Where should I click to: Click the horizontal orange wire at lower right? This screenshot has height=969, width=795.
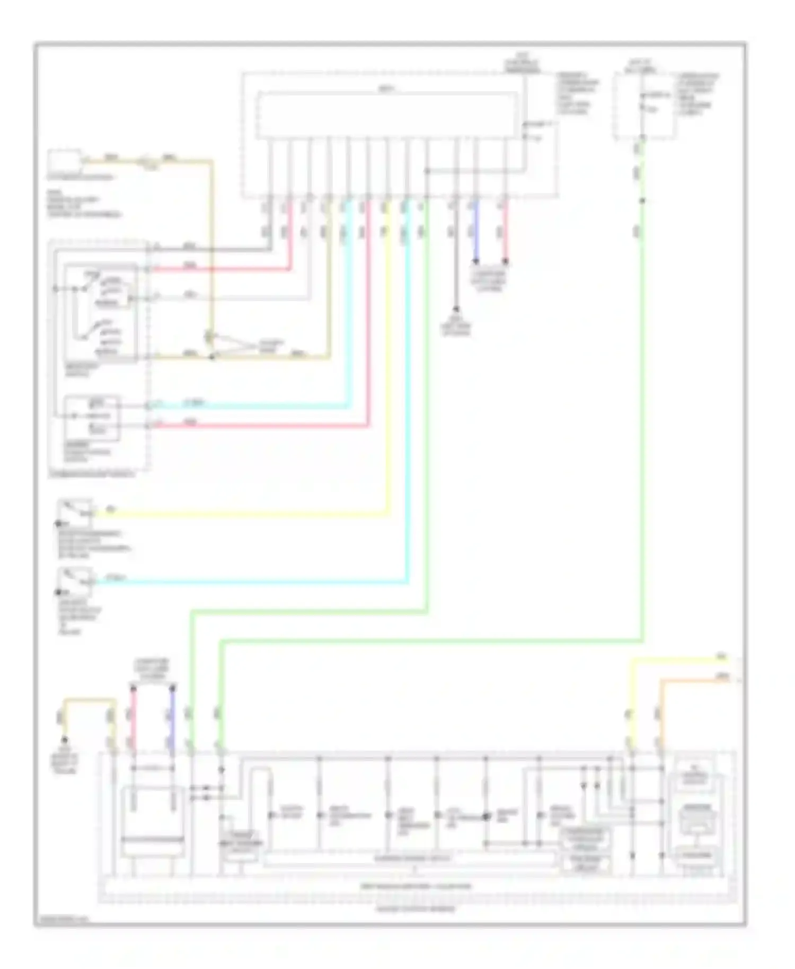694,680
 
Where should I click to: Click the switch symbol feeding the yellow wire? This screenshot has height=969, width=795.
75,509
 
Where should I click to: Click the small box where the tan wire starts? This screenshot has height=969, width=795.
65,161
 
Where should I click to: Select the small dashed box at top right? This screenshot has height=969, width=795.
644,106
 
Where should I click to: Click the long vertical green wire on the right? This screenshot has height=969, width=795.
642,424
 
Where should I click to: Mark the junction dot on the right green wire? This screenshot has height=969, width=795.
642,201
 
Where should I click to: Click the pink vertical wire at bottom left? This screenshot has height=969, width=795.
133,721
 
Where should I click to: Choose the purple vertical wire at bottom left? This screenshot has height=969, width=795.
172,721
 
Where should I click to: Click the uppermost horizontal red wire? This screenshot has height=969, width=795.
223,269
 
